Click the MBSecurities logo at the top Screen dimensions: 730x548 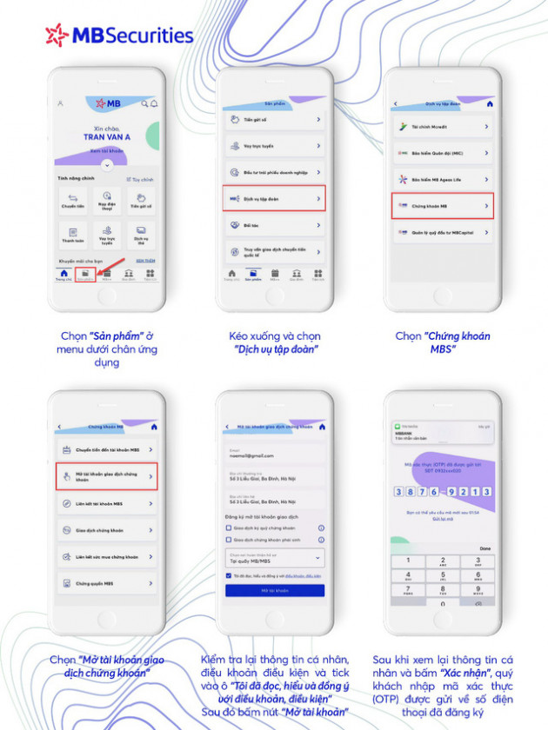(120, 36)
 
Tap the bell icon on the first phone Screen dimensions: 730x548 (154, 103)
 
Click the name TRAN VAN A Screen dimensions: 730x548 (107, 136)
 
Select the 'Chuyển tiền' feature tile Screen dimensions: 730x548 (71, 201)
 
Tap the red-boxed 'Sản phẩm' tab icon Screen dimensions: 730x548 (85, 275)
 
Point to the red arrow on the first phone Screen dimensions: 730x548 (104, 265)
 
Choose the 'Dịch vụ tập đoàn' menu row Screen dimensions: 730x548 (274, 199)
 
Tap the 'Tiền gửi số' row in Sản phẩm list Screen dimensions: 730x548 (274, 120)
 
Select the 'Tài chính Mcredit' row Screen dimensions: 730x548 (443, 127)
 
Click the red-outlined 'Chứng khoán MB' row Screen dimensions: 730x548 (443, 206)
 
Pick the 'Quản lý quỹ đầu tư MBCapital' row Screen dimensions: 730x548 (443, 233)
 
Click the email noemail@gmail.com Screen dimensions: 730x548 (251, 455)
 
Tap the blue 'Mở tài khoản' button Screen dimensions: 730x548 (275, 590)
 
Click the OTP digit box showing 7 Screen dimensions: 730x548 (423, 490)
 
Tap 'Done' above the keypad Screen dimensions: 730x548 (485, 548)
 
